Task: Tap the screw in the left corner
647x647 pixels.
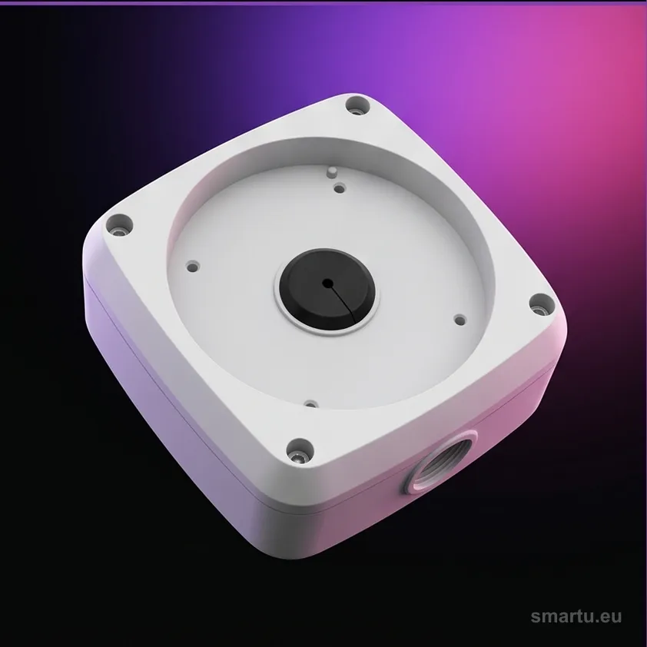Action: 119,225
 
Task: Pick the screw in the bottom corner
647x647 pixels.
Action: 298,450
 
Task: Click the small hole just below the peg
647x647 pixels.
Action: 339,189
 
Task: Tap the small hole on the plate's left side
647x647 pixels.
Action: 193,266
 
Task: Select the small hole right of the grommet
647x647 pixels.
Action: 460,320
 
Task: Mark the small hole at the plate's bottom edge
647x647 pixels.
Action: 310,403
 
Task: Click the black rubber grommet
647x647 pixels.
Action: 327,290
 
